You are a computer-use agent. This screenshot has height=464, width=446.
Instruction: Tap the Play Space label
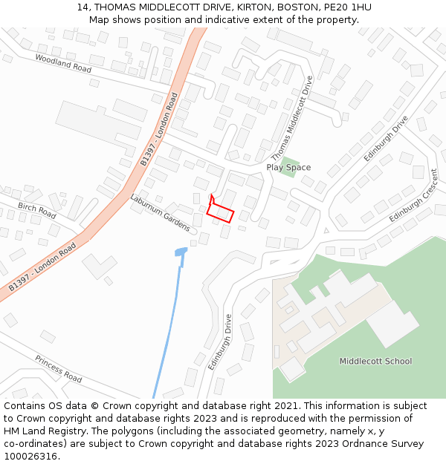[288, 168]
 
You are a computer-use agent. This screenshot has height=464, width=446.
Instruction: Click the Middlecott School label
[375, 362]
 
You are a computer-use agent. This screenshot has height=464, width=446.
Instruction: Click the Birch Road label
[36, 211]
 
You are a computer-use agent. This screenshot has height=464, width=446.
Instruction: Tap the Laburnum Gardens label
[161, 211]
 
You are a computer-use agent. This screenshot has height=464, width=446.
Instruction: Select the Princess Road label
[58, 368]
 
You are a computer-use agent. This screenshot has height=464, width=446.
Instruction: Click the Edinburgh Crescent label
[414, 200]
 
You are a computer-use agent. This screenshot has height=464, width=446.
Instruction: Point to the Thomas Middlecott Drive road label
[293, 128]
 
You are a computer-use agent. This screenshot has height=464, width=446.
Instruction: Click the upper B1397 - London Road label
[159, 129]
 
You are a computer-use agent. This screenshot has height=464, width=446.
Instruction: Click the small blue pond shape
[181, 252]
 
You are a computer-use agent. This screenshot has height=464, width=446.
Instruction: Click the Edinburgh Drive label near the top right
[386, 139]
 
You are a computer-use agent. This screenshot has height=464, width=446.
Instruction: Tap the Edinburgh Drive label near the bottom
[220, 342]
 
